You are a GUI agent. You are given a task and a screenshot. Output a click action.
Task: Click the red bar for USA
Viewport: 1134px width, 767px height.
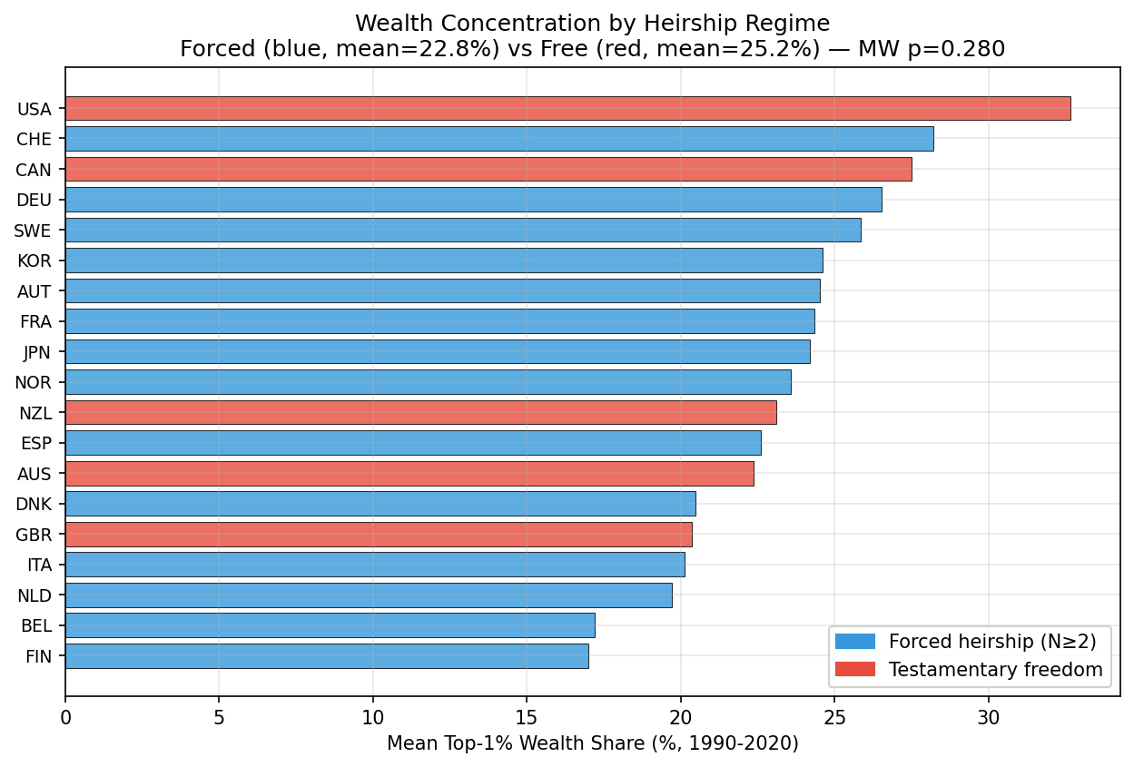(x=567, y=109)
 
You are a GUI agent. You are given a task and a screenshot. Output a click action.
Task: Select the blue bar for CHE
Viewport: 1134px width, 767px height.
(x=499, y=139)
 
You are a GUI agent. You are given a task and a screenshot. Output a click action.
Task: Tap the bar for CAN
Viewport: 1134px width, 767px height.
(x=488, y=170)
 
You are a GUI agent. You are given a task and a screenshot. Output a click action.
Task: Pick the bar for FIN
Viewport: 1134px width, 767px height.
(x=327, y=656)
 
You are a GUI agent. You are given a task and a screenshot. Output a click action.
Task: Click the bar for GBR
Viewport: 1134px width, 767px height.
(x=379, y=535)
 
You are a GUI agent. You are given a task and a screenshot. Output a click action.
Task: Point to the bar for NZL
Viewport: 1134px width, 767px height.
(x=420, y=413)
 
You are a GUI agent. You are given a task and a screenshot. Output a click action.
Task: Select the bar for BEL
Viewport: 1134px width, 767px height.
(x=330, y=625)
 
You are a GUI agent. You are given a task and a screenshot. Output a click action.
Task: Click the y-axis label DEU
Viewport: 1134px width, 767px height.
(x=34, y=200)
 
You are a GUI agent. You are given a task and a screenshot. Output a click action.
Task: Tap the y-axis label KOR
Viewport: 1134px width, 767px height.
(x=34, y=261)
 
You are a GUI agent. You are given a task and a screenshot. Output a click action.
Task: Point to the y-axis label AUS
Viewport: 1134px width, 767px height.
(x=34, y=474)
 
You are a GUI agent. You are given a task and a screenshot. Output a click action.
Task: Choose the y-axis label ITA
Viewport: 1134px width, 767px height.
(x=39, y=565)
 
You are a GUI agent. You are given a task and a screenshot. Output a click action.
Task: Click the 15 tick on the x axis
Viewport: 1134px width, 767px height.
(x=527, y=717)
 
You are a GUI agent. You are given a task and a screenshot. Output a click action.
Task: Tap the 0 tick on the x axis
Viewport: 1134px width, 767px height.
(x=65, y=717)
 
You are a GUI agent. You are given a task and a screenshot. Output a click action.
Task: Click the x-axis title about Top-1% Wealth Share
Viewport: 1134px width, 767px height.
(x=592, y=743)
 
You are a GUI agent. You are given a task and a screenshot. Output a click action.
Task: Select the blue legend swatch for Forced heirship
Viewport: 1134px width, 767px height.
(x=854, y=642)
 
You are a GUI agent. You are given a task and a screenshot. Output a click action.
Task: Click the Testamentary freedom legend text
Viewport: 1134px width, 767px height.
(x=995, y=670)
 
